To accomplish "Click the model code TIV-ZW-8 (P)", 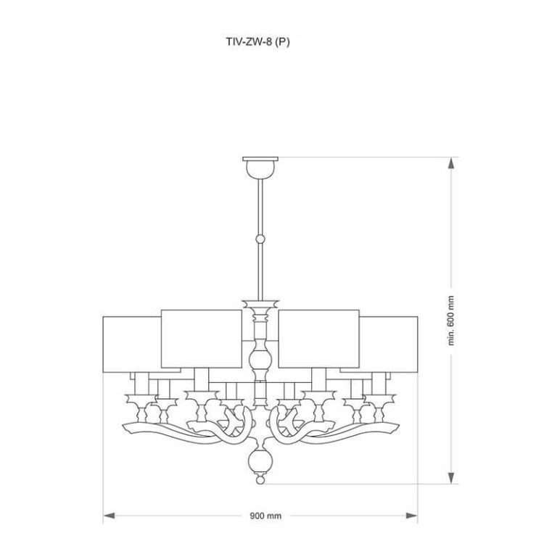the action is click(258, 42).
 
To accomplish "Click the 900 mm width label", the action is click(265, 516).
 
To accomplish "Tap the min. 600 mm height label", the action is click(451, 321).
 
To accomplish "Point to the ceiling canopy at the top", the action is click(260, 168).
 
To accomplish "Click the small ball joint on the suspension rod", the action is click(260, 239).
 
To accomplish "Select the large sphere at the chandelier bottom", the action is click(260, 462).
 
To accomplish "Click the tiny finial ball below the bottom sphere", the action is click(260, 480).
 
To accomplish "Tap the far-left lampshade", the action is click(132, 344).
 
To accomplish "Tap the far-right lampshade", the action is click(388, 344).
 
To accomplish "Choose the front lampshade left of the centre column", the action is click(202, 339).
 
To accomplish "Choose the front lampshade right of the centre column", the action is click(318, 339).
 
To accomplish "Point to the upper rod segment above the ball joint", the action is click(260, 207).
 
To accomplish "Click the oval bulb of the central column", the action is click(260, 360).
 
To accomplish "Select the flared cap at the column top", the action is click(260, 304).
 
